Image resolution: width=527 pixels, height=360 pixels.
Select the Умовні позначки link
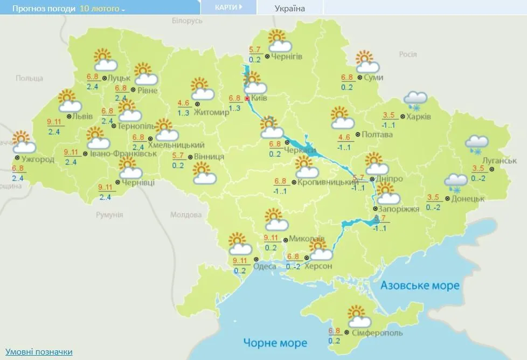click(38, 352)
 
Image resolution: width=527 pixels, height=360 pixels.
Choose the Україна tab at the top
click(289, 8)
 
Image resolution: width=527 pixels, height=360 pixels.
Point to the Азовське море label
click(420, 285)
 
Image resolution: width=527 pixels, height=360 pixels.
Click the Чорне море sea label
click(275, 343)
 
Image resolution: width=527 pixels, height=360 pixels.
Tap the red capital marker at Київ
click(247, 99)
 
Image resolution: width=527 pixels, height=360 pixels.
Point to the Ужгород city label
click(38, 160)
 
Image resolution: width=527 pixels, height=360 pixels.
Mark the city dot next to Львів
click(68, 116)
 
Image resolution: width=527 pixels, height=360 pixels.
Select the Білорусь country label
click(186, 20)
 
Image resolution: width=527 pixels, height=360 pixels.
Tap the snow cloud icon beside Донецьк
click(456, 182)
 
